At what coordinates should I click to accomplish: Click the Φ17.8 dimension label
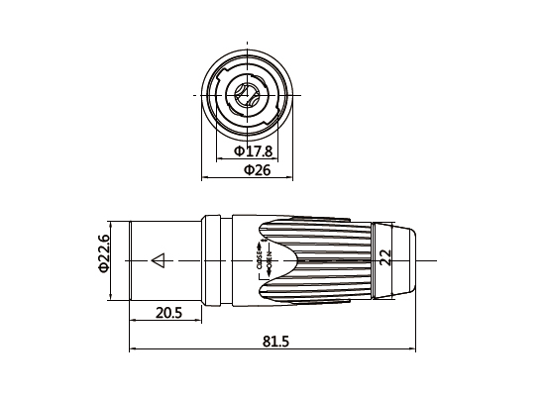[253, 151]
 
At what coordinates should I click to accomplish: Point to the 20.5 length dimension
[168, 313]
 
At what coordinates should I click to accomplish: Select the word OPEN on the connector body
[269, 261]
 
